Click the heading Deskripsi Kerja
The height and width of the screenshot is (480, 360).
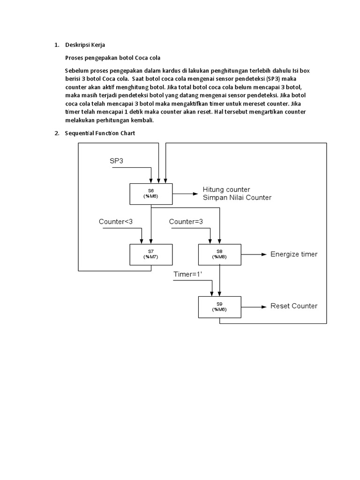click(85, 45)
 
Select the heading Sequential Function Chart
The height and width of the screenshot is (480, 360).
click(100, 133)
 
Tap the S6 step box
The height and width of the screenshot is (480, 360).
click(151, 194)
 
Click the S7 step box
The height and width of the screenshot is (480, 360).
click(151, 254)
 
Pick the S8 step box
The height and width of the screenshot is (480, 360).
click(220, 254)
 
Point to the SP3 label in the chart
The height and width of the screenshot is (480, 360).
click(118, 161)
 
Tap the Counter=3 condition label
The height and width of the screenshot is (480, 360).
click(186, 221)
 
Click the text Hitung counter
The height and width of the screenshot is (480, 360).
click(226, 189)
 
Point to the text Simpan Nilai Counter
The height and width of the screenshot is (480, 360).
click(237, 197)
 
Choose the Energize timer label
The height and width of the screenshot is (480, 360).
click(294, 254)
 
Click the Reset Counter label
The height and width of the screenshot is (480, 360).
click(294, 306)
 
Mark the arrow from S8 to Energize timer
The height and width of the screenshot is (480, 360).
click(253, 255)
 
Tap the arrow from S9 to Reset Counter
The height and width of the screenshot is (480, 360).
click(253, 307)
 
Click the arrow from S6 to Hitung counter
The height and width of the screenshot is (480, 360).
click(184, 193)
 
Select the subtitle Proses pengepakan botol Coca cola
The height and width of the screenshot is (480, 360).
click(112, 58)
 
